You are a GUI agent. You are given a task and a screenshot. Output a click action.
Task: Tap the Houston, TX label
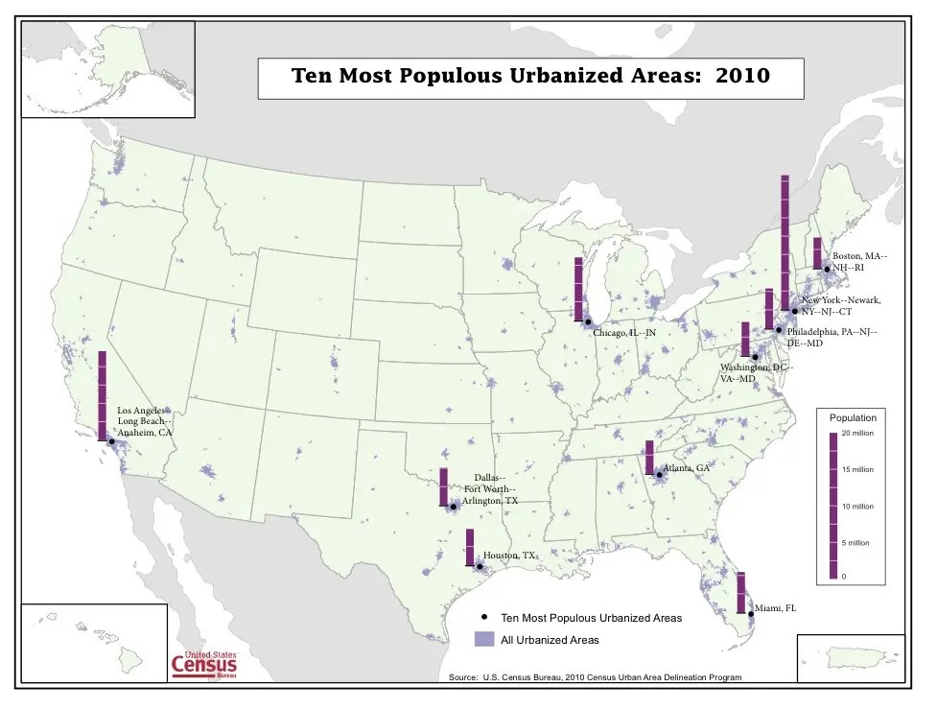tap(509, 556)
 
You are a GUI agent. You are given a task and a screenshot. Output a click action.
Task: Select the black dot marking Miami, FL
tap(751, 614)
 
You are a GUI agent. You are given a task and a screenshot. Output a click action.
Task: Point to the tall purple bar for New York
tap(785, 244)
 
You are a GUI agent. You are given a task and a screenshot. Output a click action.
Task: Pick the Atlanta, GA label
tap(687, 468)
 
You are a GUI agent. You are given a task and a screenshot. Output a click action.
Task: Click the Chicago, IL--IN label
tap(624, 333)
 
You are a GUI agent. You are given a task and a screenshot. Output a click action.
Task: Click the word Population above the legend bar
tap(853, 418)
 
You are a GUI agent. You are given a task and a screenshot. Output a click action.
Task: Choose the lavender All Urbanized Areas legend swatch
tap(485, 639)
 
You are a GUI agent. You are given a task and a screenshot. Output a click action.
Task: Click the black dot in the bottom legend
tap(485, 617)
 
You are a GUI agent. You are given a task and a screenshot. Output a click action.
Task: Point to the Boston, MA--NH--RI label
tap(859, 262)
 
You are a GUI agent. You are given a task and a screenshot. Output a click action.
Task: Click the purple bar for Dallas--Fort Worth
tap(444, 486)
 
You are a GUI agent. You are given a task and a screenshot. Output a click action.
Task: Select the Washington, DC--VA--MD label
tap(757, 373)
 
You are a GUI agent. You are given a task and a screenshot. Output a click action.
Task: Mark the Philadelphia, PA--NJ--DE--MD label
tap(832, 337)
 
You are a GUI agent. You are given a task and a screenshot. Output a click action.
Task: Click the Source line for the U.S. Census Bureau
tap(595, 677)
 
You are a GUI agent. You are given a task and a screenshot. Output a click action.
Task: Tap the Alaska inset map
tap(107, 67)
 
